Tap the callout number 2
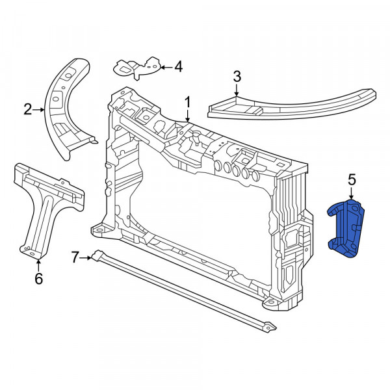28,109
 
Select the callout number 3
237,76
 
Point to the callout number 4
178,67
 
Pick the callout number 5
352,180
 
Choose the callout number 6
38,278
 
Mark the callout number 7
75,257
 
